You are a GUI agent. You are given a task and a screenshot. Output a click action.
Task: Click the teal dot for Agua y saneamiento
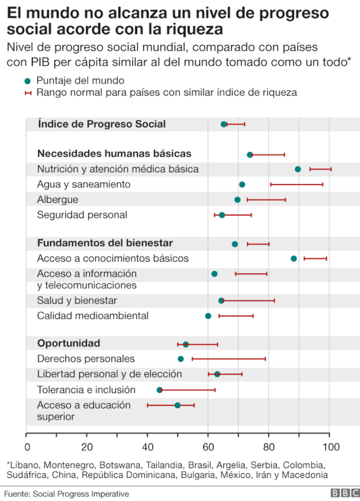[x=242, y=184]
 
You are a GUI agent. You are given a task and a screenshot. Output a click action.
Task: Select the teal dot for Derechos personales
[x=181, y=359]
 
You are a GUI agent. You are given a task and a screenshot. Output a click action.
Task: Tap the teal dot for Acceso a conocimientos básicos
[x=294, y=259]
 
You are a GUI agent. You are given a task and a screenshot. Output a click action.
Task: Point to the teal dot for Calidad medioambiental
[x=208, y=316]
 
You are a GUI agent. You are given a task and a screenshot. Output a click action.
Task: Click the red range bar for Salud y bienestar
[x=248, y=301]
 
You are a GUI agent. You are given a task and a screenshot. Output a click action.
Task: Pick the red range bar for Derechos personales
[x=228, y=359]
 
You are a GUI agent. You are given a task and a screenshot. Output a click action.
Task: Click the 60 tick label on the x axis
[x=208, y=447]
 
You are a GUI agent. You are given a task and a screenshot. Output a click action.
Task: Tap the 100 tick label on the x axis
[x=330, y=447]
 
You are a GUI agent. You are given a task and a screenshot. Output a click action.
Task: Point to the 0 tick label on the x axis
[x=27, y=447]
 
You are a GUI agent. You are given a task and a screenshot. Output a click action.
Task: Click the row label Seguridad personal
[x=82, y=215]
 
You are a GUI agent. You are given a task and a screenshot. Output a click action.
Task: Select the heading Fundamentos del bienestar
[x=105, y=243]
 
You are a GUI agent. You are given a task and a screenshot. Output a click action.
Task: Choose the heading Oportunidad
[x=69, y=343]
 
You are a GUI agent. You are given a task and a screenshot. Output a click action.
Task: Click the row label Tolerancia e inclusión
[x=86, y=390]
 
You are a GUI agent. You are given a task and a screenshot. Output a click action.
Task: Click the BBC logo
[x=343, y=493]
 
